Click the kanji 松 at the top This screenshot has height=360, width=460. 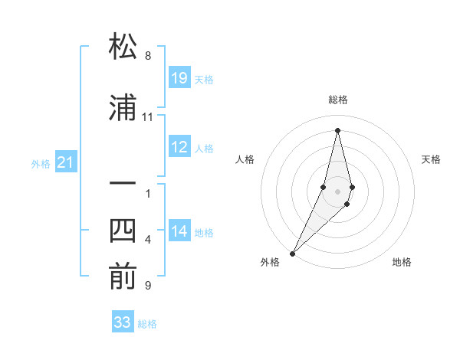click(123, 47)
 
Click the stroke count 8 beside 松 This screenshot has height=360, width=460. click(148, 56)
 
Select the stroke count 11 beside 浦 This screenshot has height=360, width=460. click(148, 117)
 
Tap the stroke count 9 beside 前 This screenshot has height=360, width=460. click(148, 286)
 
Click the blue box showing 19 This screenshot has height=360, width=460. click(179, 78)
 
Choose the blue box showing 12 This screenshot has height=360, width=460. click(179, 147)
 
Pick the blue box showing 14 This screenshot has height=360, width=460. click(179, 231)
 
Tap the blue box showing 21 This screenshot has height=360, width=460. click(66, 162)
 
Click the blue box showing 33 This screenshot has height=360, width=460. click(123, 322)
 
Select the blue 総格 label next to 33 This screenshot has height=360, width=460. click(147, 324)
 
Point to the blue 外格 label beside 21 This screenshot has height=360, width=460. click(41, 164)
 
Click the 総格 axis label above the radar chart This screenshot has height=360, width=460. click(337, 100)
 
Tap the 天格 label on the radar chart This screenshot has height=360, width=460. click(432, 159)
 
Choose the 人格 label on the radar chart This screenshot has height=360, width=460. click(245, 159)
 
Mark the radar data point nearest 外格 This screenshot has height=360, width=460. click(292, 253)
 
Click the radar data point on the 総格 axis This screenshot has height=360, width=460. click(337, 129)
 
